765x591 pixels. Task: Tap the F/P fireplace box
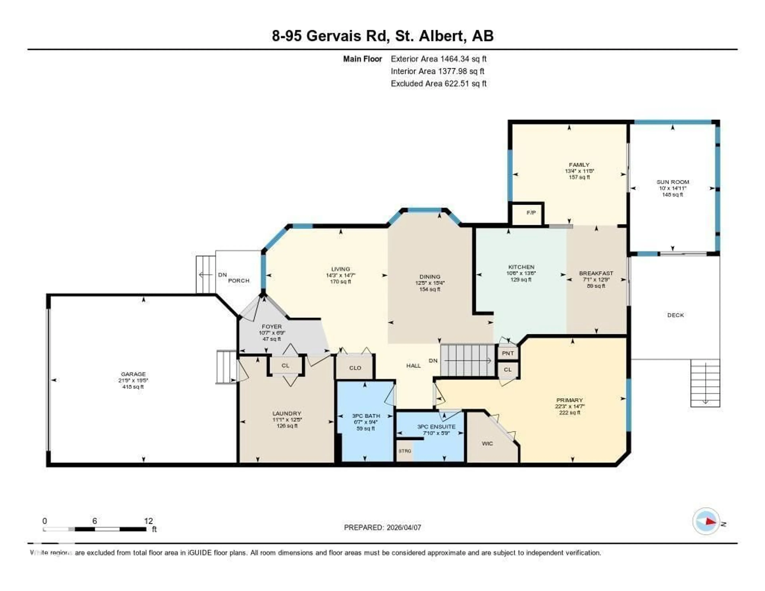pyautogui.click(x=531, y=213)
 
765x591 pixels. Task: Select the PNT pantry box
pyautogui.click(x=508, y=353)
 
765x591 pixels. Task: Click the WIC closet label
pyautogui.click(x=487, y=444)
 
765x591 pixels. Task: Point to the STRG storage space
pyautogui.click(x=405, y=451)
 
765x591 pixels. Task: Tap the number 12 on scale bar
pyautogui.click(x=148, y=521)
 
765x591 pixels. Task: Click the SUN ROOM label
pyautogui.click(x=673, y=182)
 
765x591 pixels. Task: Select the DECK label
pyautogui.click(x=675, y=315)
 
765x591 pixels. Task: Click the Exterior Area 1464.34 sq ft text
pyautogui.click(x=438, y=59)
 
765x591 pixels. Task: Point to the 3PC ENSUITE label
pyautogui.click(x=436, y=427)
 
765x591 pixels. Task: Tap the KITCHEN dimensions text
pyautogui.click(x=521, y=273)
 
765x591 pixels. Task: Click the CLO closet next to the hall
pyautogui.click(x=355, y=368)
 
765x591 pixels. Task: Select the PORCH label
pyautogui.click(x=239, y=281)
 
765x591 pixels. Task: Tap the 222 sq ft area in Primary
pyautogui.click(x=570, y=413)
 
